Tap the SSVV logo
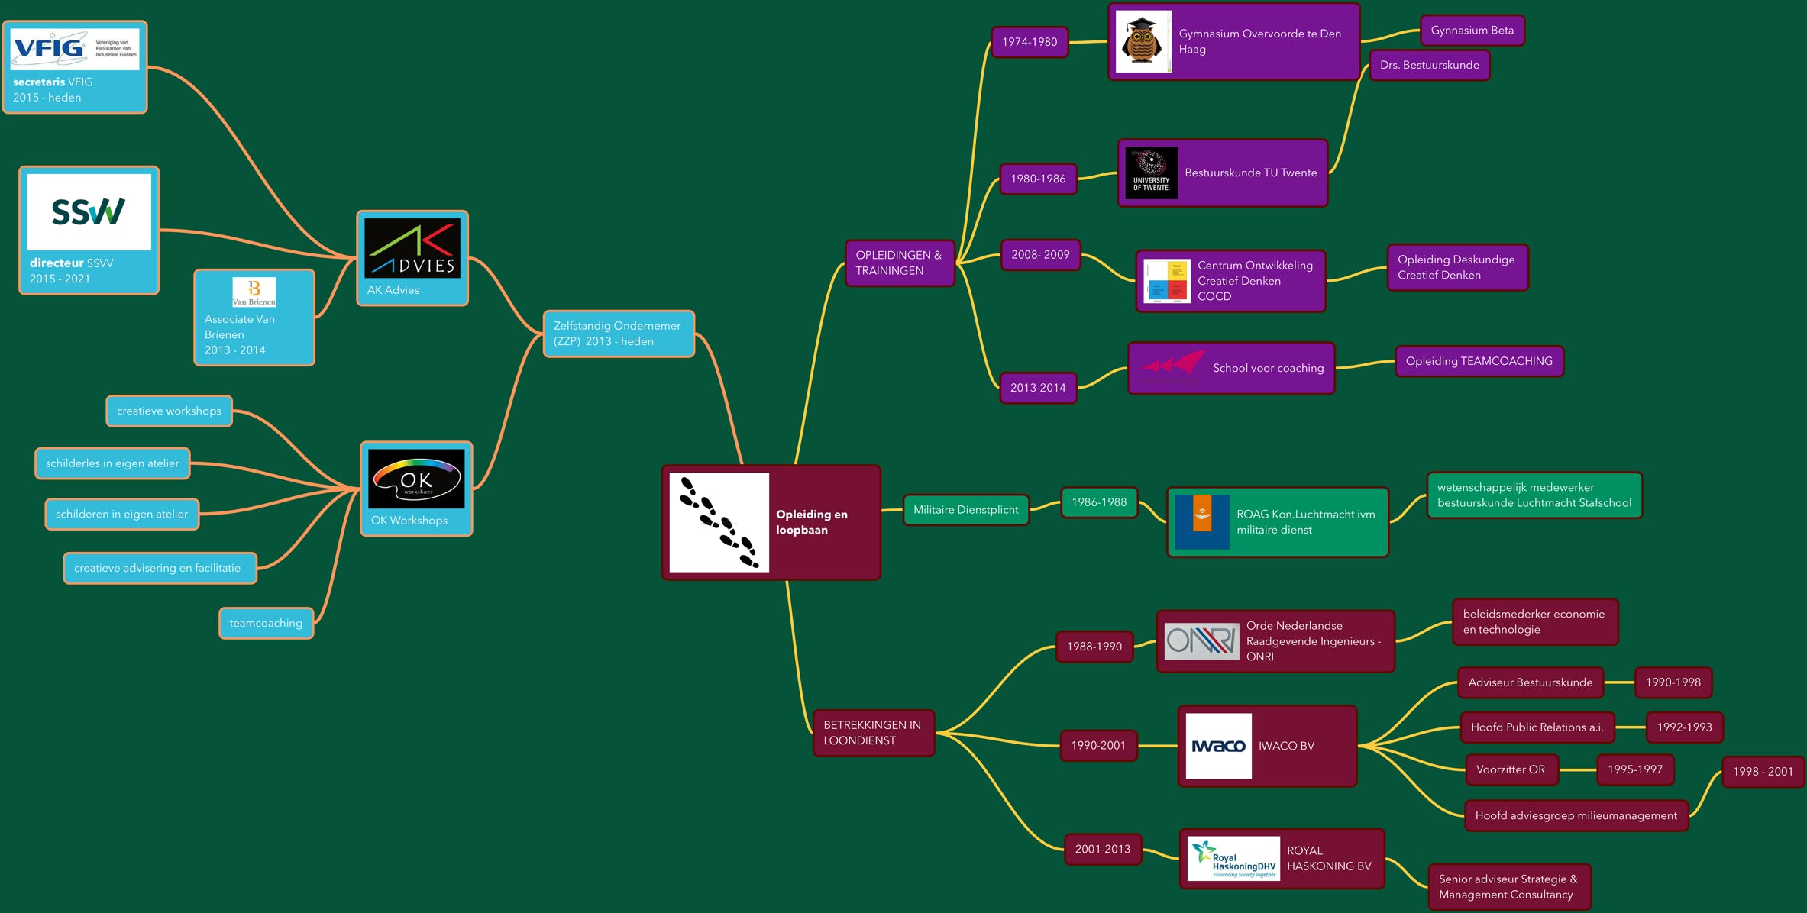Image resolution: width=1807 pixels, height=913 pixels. [x=89, y=211]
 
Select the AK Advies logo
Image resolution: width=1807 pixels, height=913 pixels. [x=412, y=248]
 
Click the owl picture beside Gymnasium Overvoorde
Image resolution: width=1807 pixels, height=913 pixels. [x=1143, y=42]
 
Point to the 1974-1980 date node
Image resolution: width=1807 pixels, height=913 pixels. [x=1030, y=42]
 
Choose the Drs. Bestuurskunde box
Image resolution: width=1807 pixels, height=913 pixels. [x=1429, y=65]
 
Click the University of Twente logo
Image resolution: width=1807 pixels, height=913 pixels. [x=1151, y=173]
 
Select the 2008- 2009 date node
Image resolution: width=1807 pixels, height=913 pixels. [x=1040, y=255]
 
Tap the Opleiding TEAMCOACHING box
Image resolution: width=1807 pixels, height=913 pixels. [x=1479, y=361]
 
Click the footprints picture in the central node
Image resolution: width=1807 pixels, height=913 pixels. [x=719, y=522]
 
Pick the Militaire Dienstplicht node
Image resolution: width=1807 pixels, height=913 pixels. [x=965, y=510]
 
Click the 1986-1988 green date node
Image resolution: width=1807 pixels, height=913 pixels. [x=1098, y=502]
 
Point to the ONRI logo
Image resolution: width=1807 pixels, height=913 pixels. [x=1201, y=640]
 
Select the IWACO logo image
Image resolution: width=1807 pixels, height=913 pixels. [x=1218, y=746]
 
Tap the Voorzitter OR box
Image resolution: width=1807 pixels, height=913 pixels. [x=1511, y=769]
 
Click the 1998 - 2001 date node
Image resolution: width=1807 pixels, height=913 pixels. [x=1762, y=771]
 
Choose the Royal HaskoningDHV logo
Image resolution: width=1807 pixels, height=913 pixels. [x=1233, y=859]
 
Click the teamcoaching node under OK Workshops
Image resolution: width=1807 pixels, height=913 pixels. [x=266, y=623]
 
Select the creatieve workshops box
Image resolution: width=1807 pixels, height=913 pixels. [x=169, y=411]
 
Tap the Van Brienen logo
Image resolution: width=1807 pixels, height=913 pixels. [x=254, y=292]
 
